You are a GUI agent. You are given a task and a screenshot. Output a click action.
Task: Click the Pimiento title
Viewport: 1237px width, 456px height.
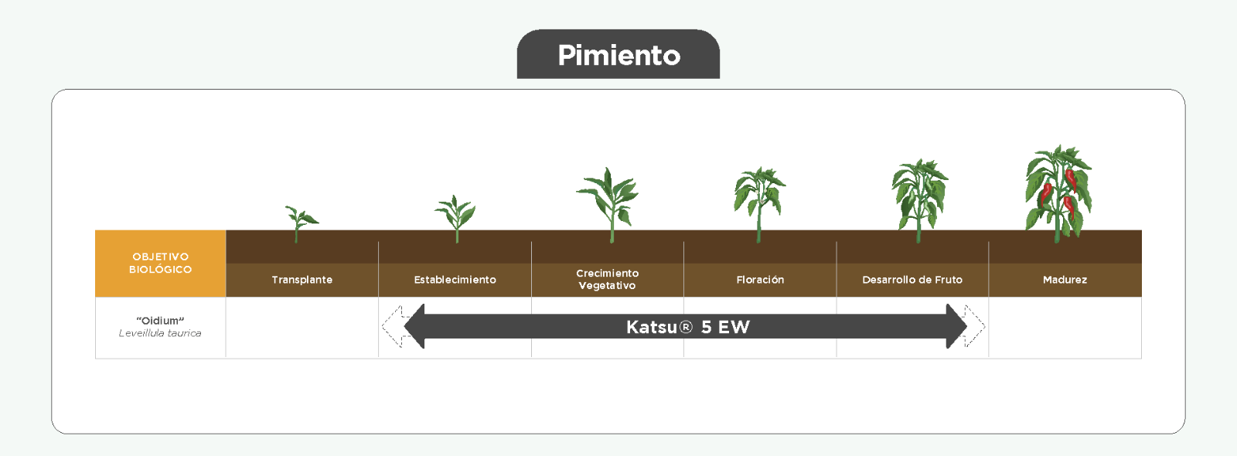click(618, 55)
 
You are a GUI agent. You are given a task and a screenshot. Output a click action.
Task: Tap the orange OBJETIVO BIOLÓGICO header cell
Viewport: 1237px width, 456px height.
click(161, 264)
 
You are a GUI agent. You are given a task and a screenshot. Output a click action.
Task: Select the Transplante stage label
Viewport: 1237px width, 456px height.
click(302, 280)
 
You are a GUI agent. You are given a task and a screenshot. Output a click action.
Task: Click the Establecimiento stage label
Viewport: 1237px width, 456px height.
click(455, 280)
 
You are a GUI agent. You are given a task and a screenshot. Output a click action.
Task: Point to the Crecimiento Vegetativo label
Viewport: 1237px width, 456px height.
click(608, 279)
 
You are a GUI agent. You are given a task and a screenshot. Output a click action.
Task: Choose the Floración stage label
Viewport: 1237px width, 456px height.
click(760, 280)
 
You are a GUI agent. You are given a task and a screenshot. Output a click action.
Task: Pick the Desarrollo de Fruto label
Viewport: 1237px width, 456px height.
click(912, 280)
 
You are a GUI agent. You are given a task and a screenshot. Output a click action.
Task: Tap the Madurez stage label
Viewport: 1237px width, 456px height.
click(1065, 280)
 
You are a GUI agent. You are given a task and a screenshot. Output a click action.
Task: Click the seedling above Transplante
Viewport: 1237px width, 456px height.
click(300, 223)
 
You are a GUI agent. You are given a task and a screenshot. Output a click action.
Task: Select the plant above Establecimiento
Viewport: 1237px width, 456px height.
click(455, 219)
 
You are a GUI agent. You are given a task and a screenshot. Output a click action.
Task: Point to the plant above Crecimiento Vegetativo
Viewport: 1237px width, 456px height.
click(608, 205)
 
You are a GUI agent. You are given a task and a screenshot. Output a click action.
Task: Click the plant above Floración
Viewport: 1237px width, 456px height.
click(759, 204)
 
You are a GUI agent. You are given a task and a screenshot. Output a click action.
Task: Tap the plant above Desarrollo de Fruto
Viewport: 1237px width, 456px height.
click(919, 201)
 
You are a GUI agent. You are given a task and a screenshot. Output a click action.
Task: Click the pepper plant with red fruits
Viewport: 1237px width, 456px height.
click(1058, 194)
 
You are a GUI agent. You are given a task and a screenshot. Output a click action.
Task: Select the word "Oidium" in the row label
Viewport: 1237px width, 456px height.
click(160, 321)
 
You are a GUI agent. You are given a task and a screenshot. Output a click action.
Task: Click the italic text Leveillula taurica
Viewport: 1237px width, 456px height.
click(160, 333)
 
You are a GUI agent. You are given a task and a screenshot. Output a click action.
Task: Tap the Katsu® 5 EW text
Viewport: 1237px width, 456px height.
click(687, 328)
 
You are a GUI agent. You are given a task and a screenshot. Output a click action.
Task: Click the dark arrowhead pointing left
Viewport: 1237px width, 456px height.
click(414, 326)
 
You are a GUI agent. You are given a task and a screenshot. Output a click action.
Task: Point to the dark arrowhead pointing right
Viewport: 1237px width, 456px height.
click(956, 326)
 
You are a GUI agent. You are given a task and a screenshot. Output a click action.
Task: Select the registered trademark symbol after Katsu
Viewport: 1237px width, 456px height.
click(685, 328)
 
